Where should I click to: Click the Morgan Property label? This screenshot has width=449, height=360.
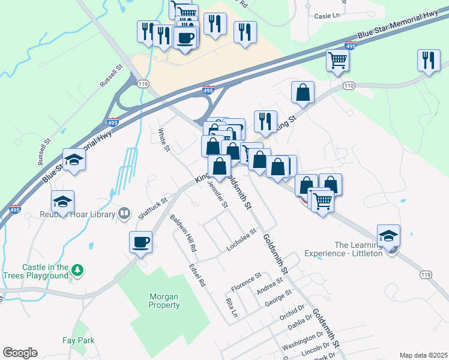coord(164,301)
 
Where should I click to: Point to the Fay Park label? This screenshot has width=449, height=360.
coord(79,340)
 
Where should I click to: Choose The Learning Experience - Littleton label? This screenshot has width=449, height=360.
coord(358,249)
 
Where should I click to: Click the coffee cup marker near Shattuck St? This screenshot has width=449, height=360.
coord(141,243)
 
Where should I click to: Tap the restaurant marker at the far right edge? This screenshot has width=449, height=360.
coord(429,61)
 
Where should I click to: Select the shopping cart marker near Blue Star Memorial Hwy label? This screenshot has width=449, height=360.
coord(338,60)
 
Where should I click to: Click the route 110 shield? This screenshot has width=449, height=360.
coord(349,86)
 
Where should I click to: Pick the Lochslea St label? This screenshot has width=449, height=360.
coord(241,239)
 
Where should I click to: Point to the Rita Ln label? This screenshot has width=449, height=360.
coord(231,307)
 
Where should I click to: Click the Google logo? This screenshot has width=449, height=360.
coord(20,353)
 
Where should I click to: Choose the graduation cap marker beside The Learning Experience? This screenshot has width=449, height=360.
coord(388,235)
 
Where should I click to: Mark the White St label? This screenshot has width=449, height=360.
coord(163,140)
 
